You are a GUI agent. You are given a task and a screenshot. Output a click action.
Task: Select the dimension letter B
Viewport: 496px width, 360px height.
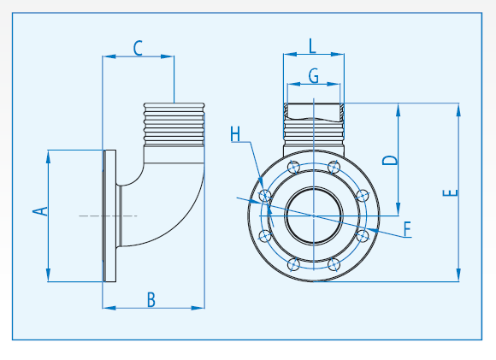[x=151, y=299]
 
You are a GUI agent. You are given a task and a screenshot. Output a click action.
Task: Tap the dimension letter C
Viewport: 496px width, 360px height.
[x=138, y=48]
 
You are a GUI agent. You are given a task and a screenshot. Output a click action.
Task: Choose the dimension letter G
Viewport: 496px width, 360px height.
[x=314, y=76]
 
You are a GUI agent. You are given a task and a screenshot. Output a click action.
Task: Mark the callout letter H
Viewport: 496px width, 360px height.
[x=236, y=134]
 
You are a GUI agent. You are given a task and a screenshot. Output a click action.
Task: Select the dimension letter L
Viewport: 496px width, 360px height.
[x=313, y=45]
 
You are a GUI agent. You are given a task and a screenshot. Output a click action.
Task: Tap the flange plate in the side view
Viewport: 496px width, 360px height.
[x=109, y=215]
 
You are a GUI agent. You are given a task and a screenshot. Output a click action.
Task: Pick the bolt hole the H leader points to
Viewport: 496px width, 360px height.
[x=265, y=197]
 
